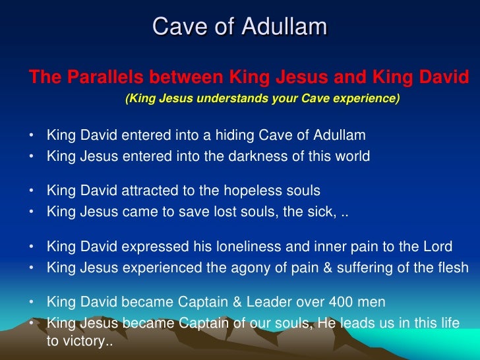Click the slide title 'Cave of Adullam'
click(240, 27)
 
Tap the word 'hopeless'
click(261, 191)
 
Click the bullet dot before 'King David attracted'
click(32, 191)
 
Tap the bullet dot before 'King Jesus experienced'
click(32, 268)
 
